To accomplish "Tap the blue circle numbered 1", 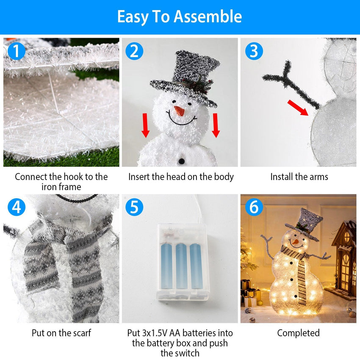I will [x=17, y=51].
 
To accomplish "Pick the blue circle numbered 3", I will [x=254, y=51].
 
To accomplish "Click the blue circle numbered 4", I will [x=17, y=207].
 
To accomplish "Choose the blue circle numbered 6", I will [x=254, y=207].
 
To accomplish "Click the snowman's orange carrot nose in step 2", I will [x=180, y=111].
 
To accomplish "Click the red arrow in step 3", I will [x=298, y=108].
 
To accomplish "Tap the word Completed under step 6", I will [x=298, y=333].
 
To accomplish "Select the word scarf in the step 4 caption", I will [x=80, y=333].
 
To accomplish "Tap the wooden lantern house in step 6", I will [x=343, y=258].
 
